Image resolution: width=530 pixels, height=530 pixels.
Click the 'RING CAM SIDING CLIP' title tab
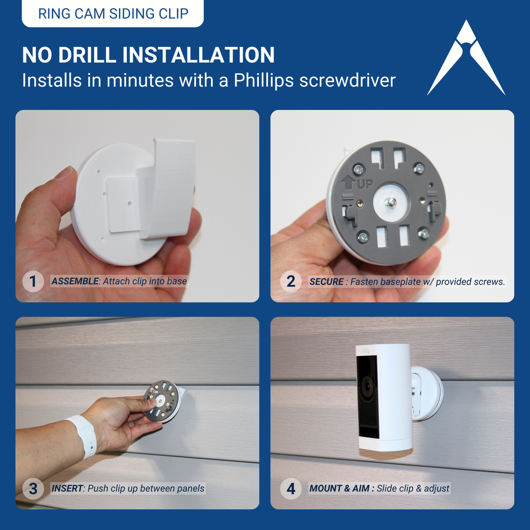[x=113, y=13]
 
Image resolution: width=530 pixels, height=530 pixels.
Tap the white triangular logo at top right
[x=466, y=59]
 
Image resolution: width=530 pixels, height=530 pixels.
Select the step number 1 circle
[x=33, y=282]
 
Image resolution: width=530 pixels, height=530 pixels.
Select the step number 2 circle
[x=290, y=282]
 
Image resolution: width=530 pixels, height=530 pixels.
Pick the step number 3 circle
[x=33, y=489]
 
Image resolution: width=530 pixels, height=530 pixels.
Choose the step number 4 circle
[x=290, y=489]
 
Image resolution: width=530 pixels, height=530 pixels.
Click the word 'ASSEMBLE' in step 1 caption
[x=75, y=282]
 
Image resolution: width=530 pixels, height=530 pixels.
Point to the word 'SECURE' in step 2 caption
[x=326, y=282]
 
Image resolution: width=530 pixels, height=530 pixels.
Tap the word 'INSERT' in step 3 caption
[x=67, y=489]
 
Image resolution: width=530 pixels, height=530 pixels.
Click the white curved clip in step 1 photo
[x=170, y=184]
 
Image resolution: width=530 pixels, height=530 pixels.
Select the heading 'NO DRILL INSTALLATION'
[x=148, y=55]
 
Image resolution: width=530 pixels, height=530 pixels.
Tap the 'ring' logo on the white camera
[x=366, y=350]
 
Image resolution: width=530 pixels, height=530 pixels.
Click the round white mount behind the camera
[x=430, y=393]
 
